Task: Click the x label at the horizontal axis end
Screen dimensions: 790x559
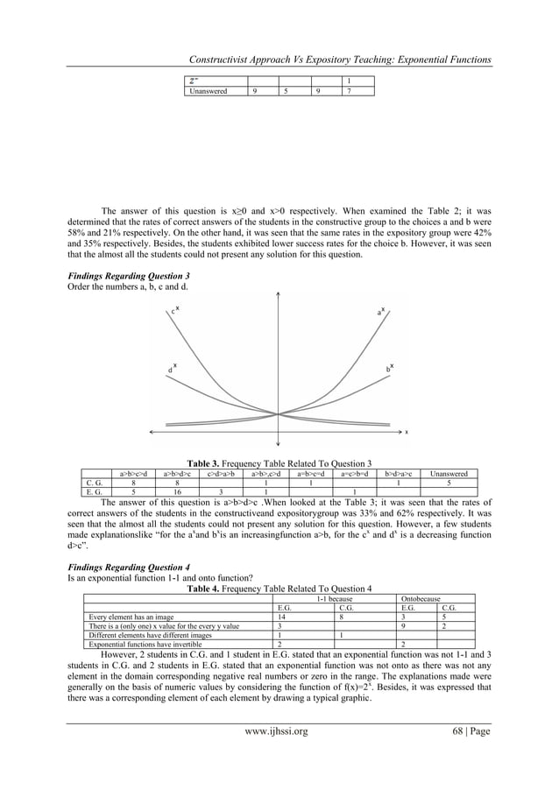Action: coord(405,432)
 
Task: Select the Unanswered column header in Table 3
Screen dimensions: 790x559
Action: coord(449,474)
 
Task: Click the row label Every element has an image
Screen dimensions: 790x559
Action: coord(133,617)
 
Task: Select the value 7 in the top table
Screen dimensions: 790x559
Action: coord(350,90)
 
